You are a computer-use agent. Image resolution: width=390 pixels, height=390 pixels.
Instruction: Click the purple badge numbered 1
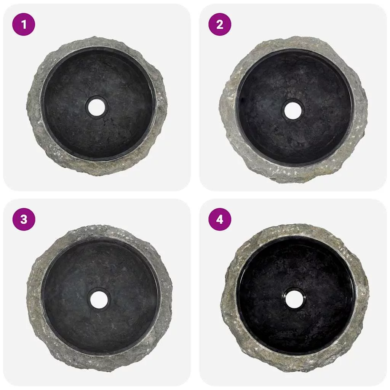pos(24,24)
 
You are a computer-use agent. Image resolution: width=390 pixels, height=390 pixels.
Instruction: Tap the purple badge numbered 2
pos(220,24)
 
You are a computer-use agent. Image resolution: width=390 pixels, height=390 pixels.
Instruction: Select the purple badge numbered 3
pos(24,219)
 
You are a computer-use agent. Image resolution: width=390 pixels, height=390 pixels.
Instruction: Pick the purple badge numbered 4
pos(220,219)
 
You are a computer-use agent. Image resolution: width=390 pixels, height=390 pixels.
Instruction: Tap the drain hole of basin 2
pos(293,110)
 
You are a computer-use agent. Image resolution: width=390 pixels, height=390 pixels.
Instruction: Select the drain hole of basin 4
pos(295,300)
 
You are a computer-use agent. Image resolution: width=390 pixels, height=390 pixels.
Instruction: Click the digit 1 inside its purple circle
pos(24,25)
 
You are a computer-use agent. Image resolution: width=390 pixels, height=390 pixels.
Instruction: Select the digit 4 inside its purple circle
pos(220,220)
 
